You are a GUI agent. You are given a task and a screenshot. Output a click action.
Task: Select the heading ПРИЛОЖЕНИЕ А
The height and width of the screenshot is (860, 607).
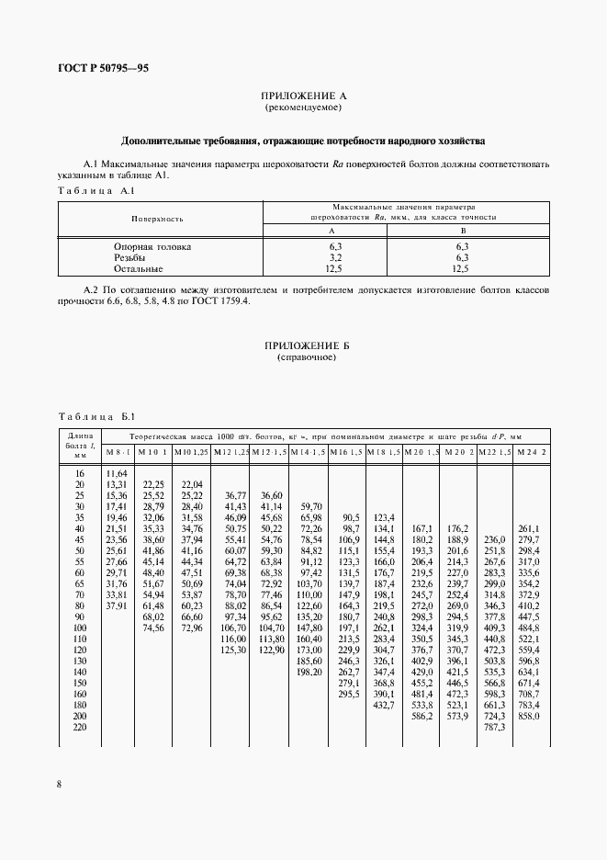click(303, 96)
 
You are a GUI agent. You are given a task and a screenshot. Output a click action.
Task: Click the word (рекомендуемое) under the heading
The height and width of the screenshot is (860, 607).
click(303, 107)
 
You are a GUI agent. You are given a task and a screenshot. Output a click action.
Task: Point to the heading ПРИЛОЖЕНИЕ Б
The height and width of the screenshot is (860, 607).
click(303, 345)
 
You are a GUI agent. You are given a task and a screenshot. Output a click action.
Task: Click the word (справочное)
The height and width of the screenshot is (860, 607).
click(303, 356)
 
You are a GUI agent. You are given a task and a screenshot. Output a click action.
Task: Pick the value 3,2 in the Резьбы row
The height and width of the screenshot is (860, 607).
click(336, 258)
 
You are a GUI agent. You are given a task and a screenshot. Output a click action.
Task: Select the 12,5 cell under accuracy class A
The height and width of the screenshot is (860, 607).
click(336, 269)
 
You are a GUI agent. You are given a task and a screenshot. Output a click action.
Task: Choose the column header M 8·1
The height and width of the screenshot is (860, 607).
click(118, 452)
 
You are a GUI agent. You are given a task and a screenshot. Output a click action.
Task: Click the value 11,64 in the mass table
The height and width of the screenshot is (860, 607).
click(117, 472)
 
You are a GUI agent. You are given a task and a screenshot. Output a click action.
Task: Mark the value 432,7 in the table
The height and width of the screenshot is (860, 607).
click(385, 707)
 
